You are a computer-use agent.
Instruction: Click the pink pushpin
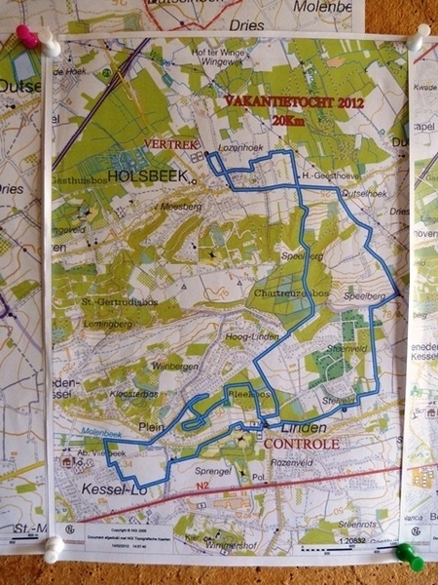[27, 37]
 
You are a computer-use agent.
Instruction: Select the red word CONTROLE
[301, 444]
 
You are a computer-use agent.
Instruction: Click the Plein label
[151, 426]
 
